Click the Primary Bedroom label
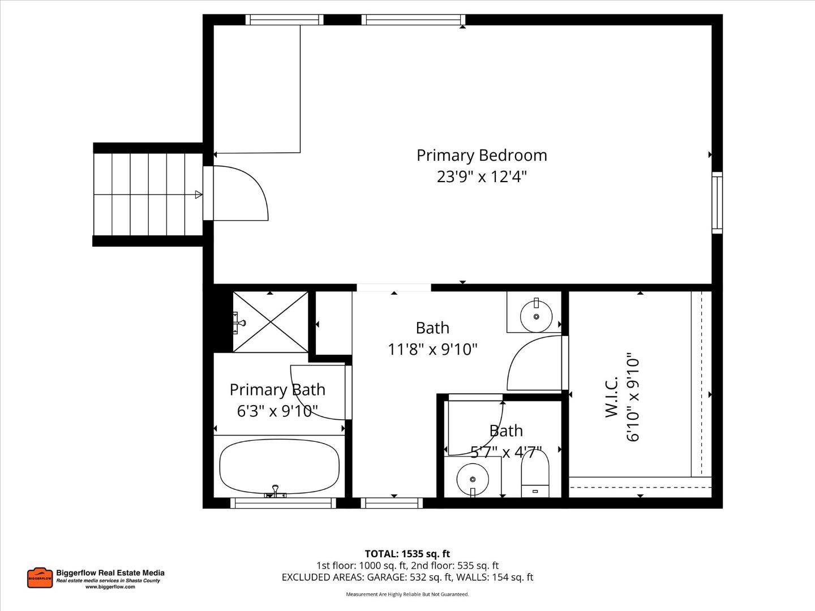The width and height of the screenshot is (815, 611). (x=482, y=155)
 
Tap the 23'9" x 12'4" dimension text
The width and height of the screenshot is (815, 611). (x=482, y=177)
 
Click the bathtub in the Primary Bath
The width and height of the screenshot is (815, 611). (x=279, y=466)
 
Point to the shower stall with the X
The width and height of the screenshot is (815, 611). (x=271, y=321)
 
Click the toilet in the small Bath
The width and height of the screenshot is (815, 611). (x=535, y=474)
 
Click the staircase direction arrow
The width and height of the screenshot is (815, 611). (x=198, y=195)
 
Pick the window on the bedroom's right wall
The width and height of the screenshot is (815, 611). (x=717, y=203)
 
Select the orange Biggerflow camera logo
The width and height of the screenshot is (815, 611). (x=40, y=578)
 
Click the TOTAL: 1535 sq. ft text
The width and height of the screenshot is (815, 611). (x=407, y=554)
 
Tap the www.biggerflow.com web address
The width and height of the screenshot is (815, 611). (x=110, y=587)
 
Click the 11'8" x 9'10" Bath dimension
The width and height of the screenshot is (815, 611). (x=432, y=349)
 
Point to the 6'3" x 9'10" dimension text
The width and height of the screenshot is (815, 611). (x=277, y=411)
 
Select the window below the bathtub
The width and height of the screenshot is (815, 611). (x=282, y=503)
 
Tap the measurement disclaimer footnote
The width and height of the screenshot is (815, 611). (x=407, y=595)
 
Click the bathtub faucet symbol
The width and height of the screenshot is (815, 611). (x=275, y=491)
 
